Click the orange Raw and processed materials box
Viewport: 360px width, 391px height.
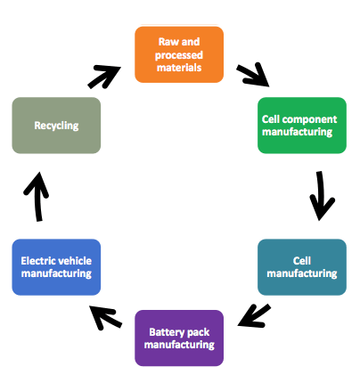tap(179, 54)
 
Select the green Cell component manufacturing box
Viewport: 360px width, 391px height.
tap(302, 126)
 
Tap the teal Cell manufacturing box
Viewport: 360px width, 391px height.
tap(302, 267)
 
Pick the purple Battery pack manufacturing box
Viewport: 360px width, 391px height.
tap(179, 338)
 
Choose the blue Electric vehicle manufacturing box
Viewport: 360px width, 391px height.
tap(56, 267)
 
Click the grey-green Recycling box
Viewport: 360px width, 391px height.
tap(56, 126)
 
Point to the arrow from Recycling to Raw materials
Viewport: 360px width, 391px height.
tap(104, 77)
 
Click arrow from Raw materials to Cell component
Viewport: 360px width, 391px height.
tap(253, 75)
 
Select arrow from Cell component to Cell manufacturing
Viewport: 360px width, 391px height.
tap(320, 196)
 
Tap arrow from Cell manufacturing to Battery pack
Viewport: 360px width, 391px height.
tap(254, 316)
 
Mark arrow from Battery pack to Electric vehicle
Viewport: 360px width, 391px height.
tap(105, 318)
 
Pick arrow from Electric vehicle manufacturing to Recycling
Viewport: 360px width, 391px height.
tap(37, 197)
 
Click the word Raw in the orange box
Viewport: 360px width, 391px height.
tap(166, 42)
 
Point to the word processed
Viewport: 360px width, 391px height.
tap(179, 55)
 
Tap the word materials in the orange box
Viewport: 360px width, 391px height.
tap(179, 68)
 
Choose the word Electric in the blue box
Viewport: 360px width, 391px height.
tap(38, 261)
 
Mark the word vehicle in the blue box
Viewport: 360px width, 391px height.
tap(75, 261)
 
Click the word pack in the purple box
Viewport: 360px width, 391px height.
tap(200, 332)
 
